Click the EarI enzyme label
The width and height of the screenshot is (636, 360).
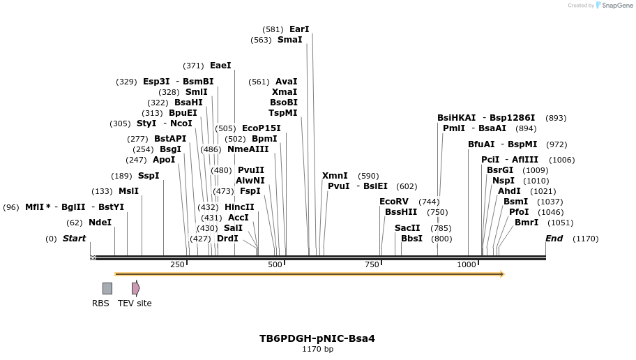(298, 29)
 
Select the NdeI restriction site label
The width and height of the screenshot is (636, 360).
(100, 223)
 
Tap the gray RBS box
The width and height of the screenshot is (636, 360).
(107, 288)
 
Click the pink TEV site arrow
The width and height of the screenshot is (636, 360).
(135, 288)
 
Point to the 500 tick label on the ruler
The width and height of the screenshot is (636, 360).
(275, 264)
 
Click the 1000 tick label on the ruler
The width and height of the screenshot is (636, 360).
(467, 264)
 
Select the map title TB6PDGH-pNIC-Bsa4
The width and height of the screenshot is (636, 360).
(317, 338)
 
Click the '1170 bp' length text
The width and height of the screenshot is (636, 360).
(317, 349)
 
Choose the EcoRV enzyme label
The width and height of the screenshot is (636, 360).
(394, 201)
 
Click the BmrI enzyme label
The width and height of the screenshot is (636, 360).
(527, 223)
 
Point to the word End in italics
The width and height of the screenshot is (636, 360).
(554, 239)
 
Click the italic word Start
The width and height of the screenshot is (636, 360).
(74, 239)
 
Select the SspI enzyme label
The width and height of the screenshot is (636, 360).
(149, 175)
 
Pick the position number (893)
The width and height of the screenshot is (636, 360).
(556, 118)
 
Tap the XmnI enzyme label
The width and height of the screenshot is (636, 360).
(335, 175)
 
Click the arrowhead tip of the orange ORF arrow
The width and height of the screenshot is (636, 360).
(503, 274)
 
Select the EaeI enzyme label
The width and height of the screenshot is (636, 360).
(220, 66)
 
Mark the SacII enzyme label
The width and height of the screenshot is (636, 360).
(407, 227)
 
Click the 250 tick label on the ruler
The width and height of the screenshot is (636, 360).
(177, 264)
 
